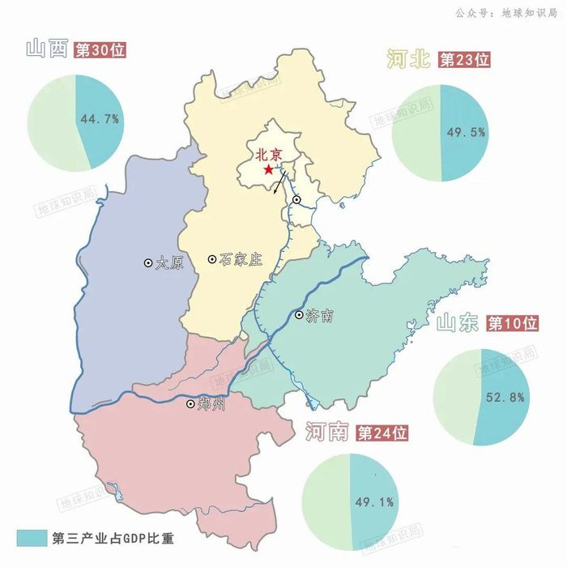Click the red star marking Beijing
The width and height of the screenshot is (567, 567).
click(268, 169)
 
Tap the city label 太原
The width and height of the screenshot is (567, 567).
click(171, 263)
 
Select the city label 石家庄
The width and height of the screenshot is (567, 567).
click(241, 260)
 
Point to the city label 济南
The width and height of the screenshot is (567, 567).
click(321, 316)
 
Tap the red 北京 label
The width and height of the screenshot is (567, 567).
click(268, 154)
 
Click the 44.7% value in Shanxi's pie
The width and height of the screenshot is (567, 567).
click(100, 119)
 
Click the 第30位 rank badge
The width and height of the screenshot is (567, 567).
click(100, 50)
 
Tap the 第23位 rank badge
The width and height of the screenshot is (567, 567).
click(464, 60)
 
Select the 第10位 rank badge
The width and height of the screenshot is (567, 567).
click(513, 324)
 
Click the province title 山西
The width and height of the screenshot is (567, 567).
click(46, 49)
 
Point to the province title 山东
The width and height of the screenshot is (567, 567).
click(459, 324)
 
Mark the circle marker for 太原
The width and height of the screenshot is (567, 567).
click(148, 263)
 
